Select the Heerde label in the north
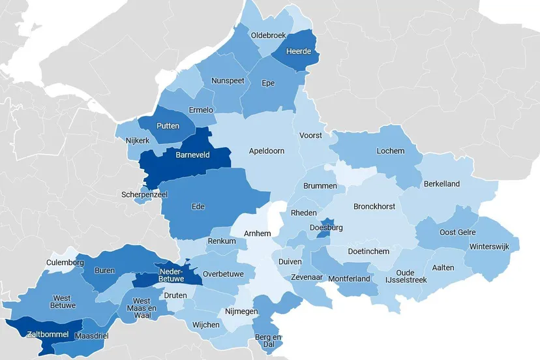[x=299, y=52]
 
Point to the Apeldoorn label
[x=266, y=151]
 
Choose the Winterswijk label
[x=490, y=247]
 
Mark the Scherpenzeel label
[x=143, y=194]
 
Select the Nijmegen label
[x=242, y=311]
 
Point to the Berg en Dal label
[x=268, y=340]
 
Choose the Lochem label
[x=390, y=151]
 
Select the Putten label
[x=168, y=126]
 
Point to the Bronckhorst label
[x=374, y=206]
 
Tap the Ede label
[x=198, y=207]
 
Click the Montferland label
[x=349, y=278]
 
